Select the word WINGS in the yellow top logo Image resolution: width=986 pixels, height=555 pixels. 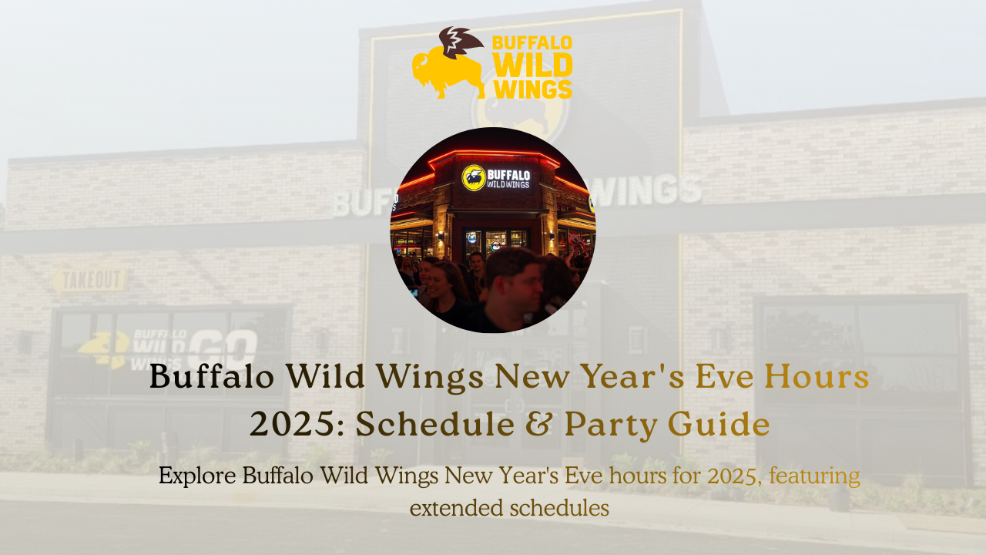[532, 88]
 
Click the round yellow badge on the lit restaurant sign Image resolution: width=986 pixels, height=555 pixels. [473, 178]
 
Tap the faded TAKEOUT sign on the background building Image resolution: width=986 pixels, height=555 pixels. [90, 279]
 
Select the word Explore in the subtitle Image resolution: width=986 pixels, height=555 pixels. [196, 476]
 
